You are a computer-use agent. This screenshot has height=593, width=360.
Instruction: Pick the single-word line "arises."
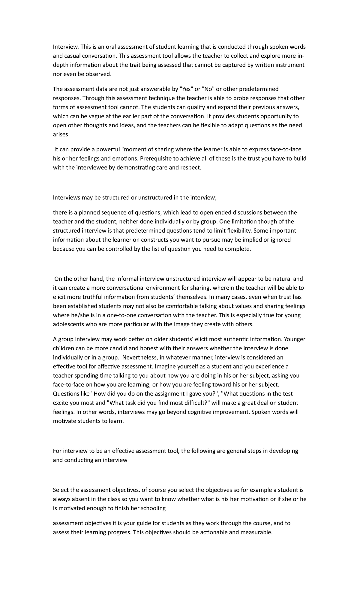[x=61, y=134]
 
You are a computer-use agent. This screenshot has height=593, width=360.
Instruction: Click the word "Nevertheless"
[x=139, y=357]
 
